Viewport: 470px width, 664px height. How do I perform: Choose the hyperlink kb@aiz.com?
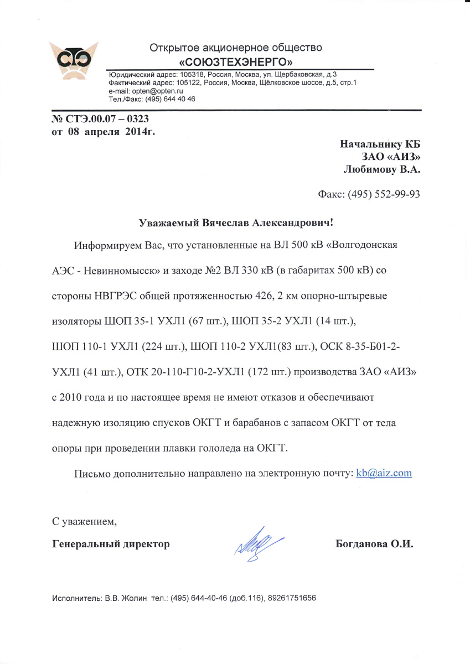click(x=384, y=473)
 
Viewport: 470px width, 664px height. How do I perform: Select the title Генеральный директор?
click(x=111, y=544)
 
